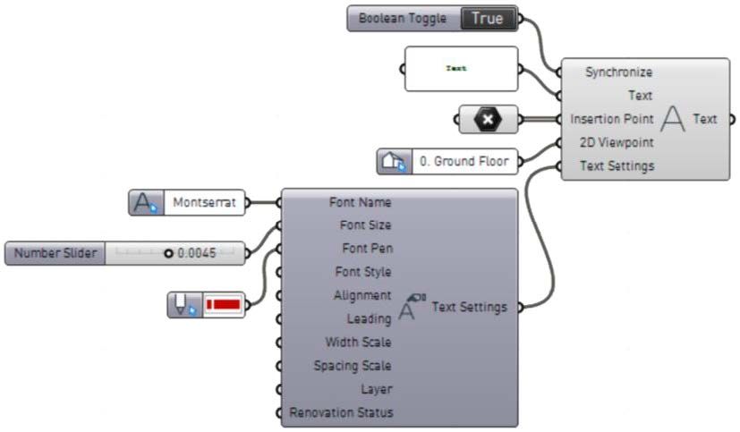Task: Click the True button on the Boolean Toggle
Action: pyautogui.click(x=488, y=18)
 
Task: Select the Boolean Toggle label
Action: pyautogui.click(x=402, y=18)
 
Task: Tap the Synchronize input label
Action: pyautogui.click(x=618, y=72)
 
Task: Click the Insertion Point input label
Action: pyautogui.click(x=611, y=119)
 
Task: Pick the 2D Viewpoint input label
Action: pyautogui.click(x=617, y=142)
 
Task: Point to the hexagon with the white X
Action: pyautogui.click(x=487, y=118)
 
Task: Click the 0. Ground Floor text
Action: pyautogui.click(x=465, y=162)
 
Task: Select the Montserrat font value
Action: pyautogui.click(x=206, y=203)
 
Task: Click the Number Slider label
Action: pyautogui.click(x=55, y=253)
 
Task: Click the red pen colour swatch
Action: pyautogui.click(x=224, y=305)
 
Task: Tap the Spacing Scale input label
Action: pyautogui.click(x=352, y=366)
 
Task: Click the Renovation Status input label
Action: pyautogui.click(x=340, y=412)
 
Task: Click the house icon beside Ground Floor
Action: pyautogui.click(x=393, y=162)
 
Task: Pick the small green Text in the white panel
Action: pyautogui.click(x=456, y=68)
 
